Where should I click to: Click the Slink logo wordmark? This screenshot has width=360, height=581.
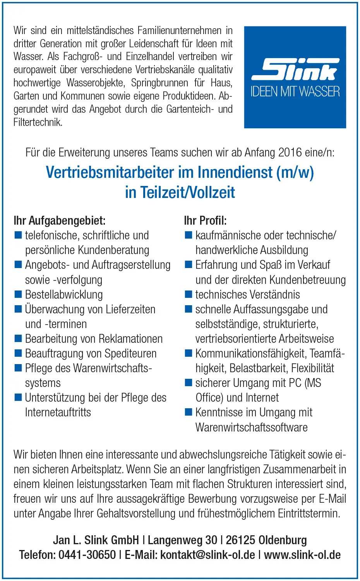tap(295, 70)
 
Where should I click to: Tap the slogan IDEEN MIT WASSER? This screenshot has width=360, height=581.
tap(295, 92)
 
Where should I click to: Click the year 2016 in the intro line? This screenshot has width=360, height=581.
tap(290, 152)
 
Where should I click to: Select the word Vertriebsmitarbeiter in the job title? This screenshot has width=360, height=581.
tap(111, 172)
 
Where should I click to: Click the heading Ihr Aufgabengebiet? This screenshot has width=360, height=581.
tap(59, 221)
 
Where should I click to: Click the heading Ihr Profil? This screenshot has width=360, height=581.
tap(205, 221)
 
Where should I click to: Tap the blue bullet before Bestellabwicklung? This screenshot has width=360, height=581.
tap(18, 294)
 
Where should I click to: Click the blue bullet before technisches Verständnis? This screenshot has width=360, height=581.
tap(189, 294)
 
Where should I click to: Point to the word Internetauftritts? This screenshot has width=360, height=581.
tap(58, 413)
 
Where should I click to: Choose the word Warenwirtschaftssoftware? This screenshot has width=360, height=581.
tap(251, 428)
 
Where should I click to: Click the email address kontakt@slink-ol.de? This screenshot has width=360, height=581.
tap(207, 555)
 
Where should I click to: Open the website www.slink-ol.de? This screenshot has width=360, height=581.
tap(302, 555)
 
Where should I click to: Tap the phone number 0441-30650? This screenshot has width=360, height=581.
tap(87, 555)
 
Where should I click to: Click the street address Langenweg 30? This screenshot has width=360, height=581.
tap(182, 540)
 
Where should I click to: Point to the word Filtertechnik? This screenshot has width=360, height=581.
tap(38, 122)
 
